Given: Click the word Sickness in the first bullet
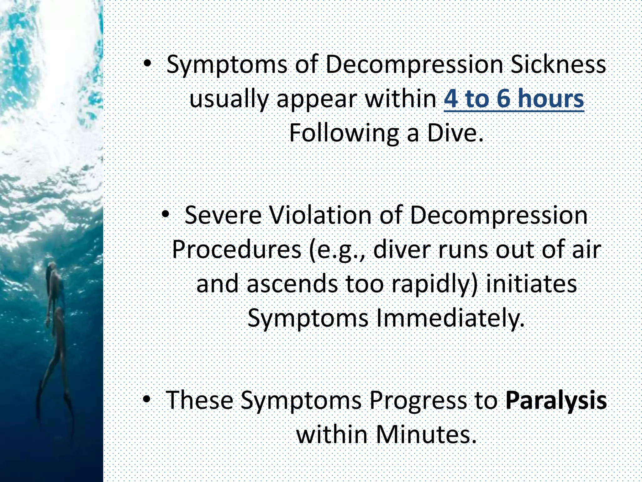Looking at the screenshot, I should (558, 64).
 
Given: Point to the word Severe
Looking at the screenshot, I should (223, 216).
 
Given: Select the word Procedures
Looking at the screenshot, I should (237, 250).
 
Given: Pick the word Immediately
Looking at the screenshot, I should (450, 318).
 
